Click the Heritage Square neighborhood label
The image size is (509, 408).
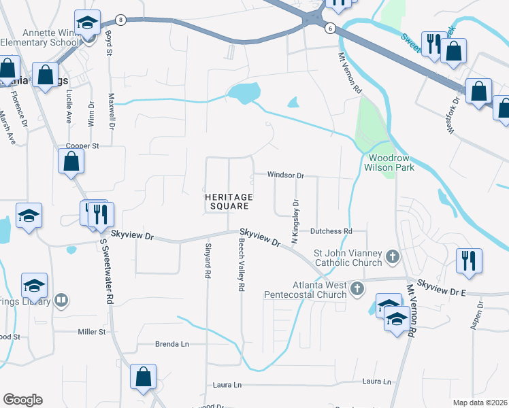click(229, 201)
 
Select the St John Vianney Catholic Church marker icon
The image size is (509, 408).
click(392, 257)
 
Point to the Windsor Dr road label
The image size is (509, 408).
click(285, 175)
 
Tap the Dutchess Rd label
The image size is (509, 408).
click(331, 231)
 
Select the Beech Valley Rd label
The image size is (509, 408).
click(240, 265)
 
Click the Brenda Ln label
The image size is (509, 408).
click(172, 344)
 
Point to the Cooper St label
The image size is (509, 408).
click(82, 146)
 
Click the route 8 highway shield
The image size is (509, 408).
click(120, 20)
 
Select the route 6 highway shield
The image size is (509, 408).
click(330, 28)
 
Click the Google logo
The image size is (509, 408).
click(22, 400)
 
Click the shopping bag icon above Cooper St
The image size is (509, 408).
click(71, 161)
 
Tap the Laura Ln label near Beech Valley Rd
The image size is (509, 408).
click(228, 385)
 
